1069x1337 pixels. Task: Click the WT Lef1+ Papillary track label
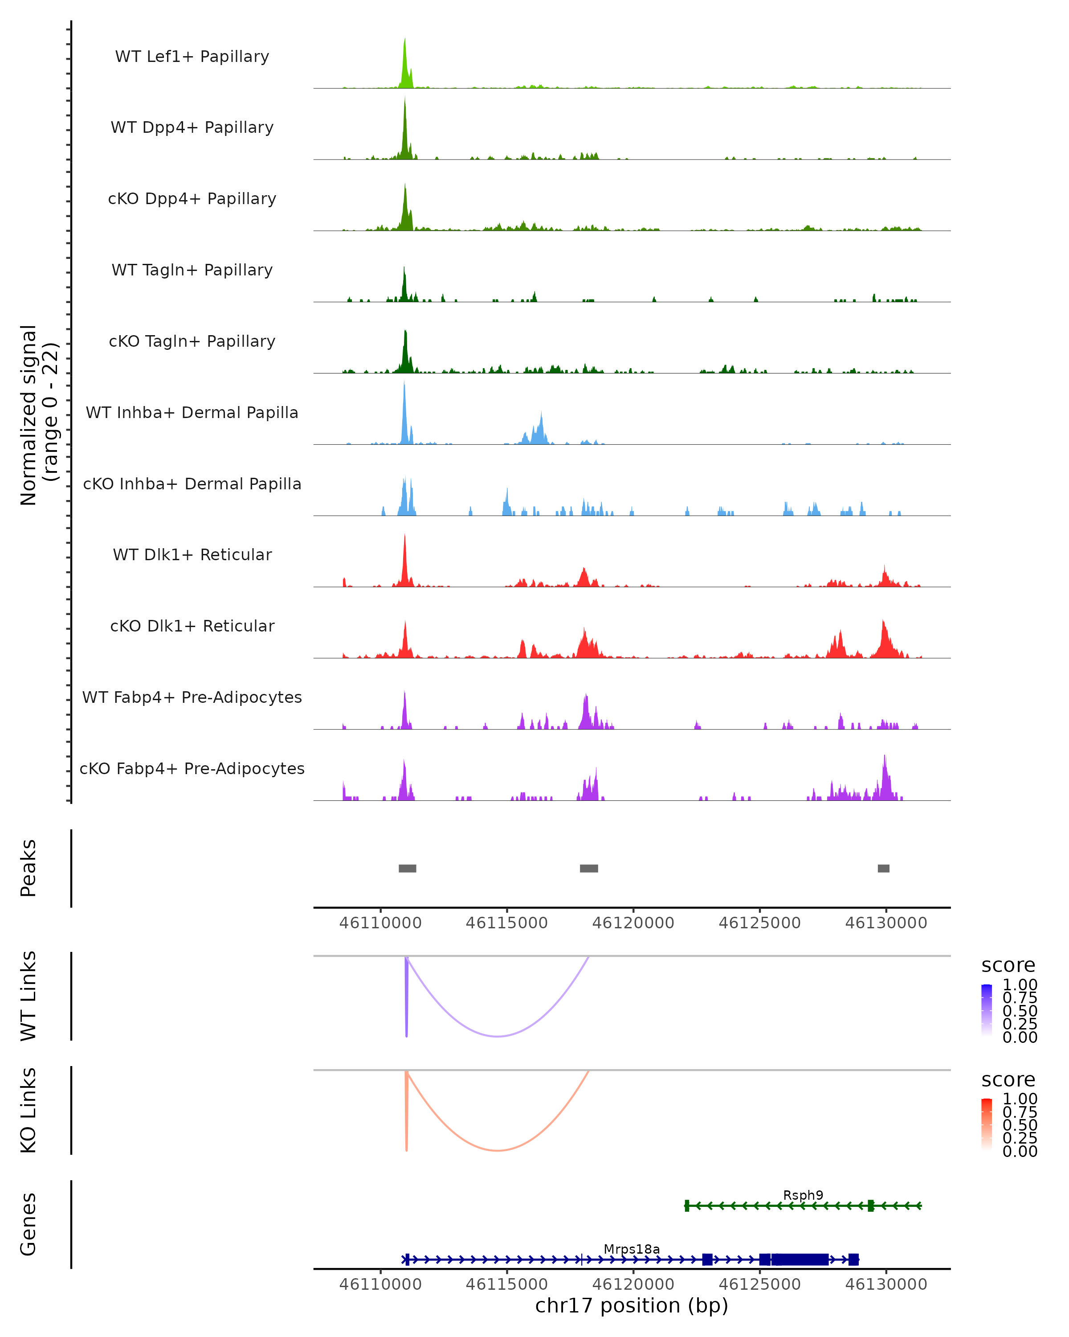click(x=192, y=57)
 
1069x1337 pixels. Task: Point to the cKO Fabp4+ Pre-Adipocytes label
click(x=192, y=768)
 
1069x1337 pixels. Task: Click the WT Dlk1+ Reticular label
click(x=192, y=554)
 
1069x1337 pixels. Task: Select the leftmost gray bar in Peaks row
click(x=407, y=868)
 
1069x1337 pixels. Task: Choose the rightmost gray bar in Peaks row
click(x=883, y=868)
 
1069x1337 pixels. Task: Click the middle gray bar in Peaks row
click(x=589, y=868)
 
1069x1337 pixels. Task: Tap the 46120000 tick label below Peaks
click(x=633, y=923)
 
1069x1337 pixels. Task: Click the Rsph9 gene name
click(x=803, y=1195)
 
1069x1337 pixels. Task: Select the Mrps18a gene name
click(x=632, y=1249)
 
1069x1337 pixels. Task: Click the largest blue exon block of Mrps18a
click(x=800, y=1259)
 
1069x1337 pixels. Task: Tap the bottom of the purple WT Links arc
click(x=497, y=1036)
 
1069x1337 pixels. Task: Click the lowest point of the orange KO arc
click(x=497, y=1150)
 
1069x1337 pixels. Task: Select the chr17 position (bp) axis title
click(x=632, y=1306)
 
